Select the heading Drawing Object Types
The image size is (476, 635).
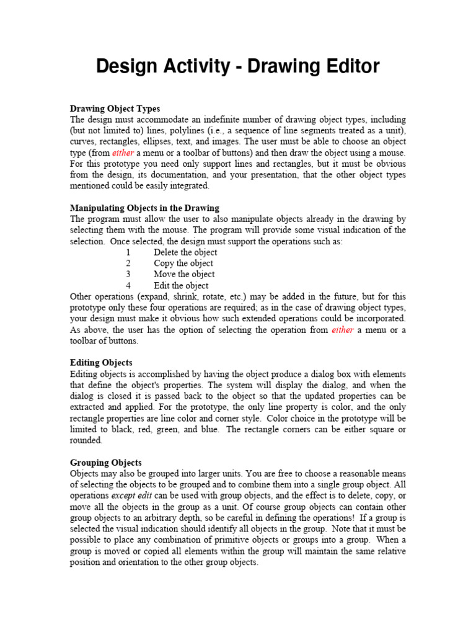point(115,109)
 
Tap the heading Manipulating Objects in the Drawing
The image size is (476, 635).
point(144,208)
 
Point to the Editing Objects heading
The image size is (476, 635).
point(101,362)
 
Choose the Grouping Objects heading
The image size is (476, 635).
point(106,463)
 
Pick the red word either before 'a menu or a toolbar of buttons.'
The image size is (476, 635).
point(343,330)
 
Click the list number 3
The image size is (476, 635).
point(128,274)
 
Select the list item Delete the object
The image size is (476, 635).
point(185,252)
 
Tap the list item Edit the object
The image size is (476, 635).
point(181,285)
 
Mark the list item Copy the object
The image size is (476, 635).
point(183,264)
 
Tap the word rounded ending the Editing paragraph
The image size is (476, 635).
point(86,440)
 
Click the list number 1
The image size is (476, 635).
point(128,252)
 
